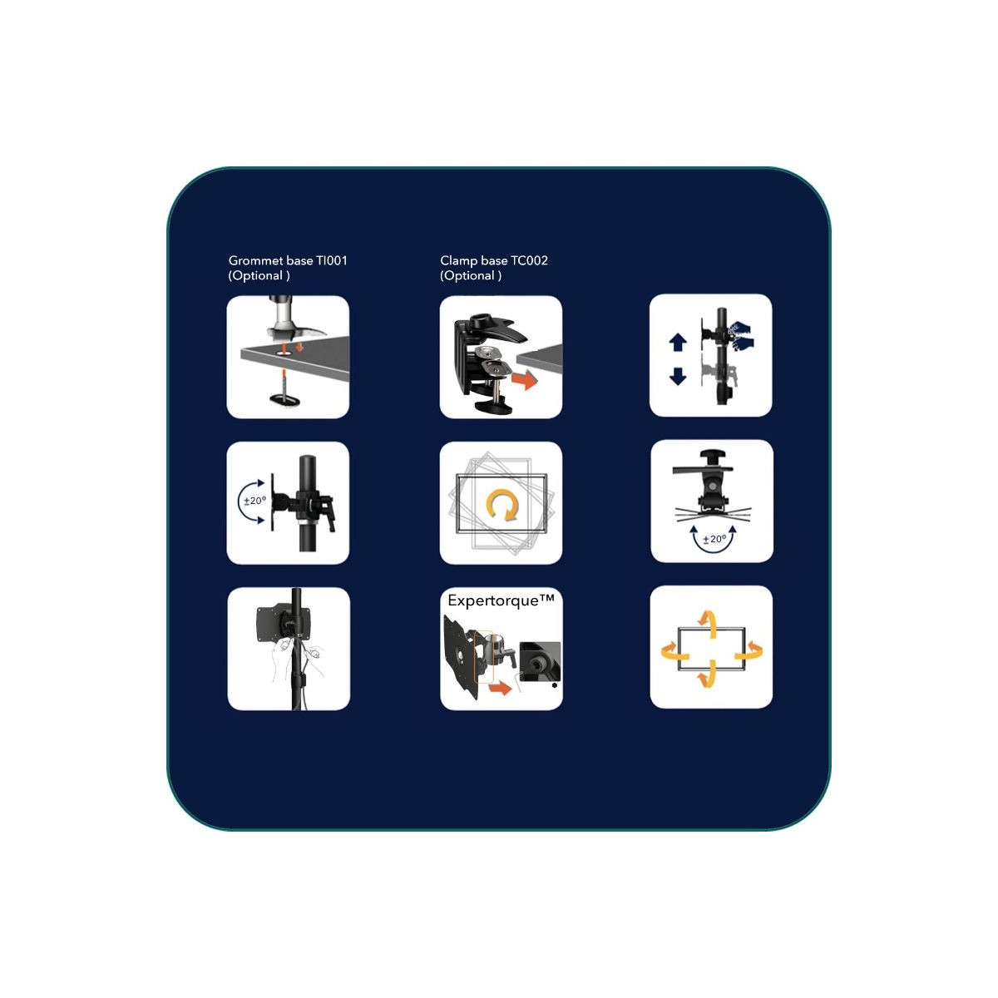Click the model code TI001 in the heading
[x=332, y=260]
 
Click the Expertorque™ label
[x=501, y=600]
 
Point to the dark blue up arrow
[x=678, y=343]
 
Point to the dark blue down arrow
[x=678, y=376]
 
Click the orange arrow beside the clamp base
[x=524, y=380]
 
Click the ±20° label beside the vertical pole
[x=254, y=501]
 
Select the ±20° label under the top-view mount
[x=714, y=539]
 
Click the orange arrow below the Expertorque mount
[x=500, y=689]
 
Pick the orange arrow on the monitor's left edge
[x=673, y=650]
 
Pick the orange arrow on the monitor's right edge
[x=749, y=650]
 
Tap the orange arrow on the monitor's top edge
[x=707, y=623]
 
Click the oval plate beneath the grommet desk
[x=285, y=400]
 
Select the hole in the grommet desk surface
[x=285, y=351]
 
